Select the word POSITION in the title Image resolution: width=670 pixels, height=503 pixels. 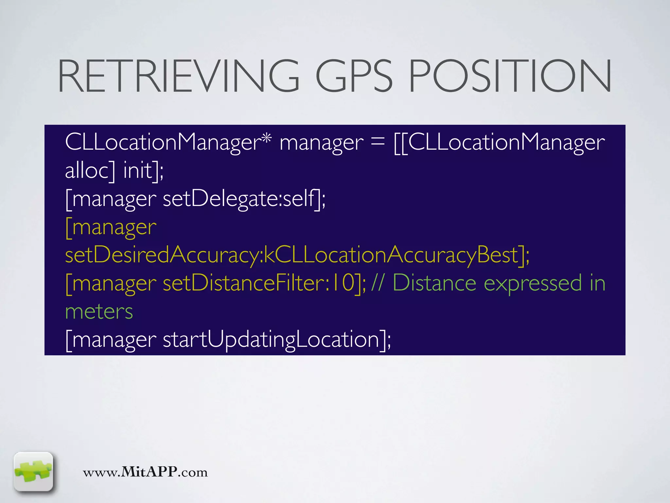coord(510,76)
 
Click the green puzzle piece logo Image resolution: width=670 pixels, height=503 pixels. coord(33,471)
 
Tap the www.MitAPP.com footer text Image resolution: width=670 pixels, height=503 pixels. coord(145,472)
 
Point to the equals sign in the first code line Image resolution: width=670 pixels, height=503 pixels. coord(378,143)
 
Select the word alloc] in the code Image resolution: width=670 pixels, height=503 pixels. coord(90,170)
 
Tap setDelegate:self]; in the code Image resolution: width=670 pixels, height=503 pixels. coord(244,199)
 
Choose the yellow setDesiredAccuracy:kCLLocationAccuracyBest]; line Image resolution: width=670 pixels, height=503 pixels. coord(297,255)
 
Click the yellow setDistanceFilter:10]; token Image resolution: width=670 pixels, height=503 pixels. coord(264,283)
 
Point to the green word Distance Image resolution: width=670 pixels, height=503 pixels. coord(434,283)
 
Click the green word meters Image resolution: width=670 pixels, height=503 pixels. coord(99,312)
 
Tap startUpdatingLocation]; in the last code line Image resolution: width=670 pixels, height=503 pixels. coord(277,340)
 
